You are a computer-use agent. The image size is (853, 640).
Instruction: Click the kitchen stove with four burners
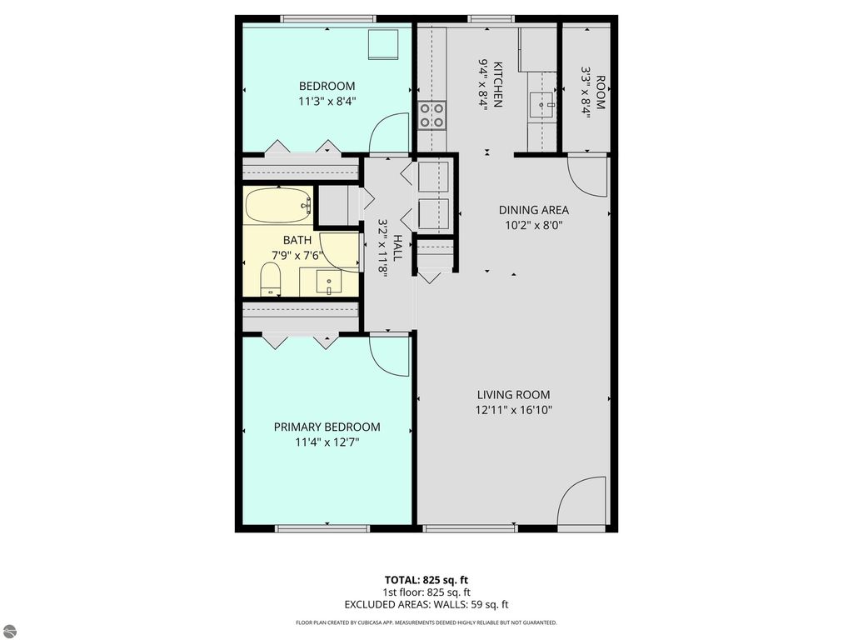tap(431, 114)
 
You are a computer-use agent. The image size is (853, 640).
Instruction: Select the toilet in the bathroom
tap(272, 279)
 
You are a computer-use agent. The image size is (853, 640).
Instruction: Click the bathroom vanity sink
tap(329, 282)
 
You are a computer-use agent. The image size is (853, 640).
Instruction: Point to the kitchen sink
tap(543, 105)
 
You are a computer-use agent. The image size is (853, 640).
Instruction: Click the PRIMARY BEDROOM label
tap(327, 427)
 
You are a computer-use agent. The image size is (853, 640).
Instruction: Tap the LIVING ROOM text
tap(513, 394)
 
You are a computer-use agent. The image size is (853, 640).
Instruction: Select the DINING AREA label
tap(533, 210)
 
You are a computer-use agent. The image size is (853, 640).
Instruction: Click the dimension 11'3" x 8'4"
tap(327, 102)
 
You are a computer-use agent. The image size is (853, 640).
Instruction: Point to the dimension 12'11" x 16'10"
tap(513, 410)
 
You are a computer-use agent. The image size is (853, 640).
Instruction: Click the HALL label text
tap(397, 247)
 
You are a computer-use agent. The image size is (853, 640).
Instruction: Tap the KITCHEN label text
tap(497, 83)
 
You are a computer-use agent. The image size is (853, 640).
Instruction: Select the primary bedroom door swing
tap(390, 354)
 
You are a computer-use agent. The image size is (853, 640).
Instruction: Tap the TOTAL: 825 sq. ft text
tap(426, 579)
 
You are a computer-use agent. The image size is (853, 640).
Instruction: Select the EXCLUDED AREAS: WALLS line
tap(426, 604)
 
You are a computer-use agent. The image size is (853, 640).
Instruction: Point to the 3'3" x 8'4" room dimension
tap(586, 98)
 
